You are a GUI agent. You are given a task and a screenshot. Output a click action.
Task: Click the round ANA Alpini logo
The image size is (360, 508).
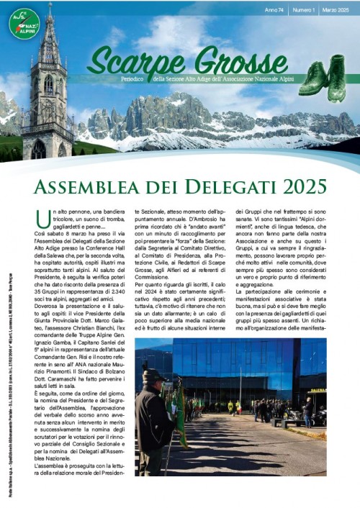[24, 23]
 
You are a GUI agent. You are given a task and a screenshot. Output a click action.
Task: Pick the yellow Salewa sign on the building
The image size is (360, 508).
[317, 391]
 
